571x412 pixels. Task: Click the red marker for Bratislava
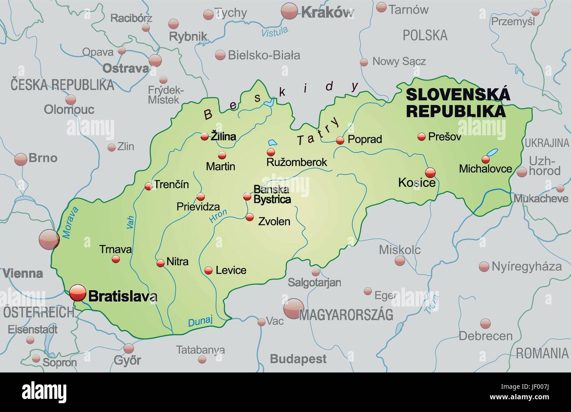pos(78,293)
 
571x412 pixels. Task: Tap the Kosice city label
pos(416,182)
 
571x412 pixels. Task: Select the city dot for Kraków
pos(289,11)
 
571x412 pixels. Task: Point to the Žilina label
pos(223,137)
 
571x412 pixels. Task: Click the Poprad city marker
pos(340,141)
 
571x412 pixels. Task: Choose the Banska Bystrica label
pos(272,195)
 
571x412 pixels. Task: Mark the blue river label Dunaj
pos(200,322)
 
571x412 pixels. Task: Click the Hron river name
pos(218,215)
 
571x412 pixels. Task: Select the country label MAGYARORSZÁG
pos(346,314)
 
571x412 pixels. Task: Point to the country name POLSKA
pos(425,35)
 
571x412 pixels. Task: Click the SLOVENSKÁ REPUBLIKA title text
pos(458,102)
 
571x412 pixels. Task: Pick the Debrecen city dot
pos(485,324)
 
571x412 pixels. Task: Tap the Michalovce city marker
pos(486,159)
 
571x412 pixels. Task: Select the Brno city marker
pos(21,159)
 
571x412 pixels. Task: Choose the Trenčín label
pos(171,184)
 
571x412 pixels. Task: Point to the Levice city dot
pos(209,271)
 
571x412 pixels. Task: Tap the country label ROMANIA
pos(542,353)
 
